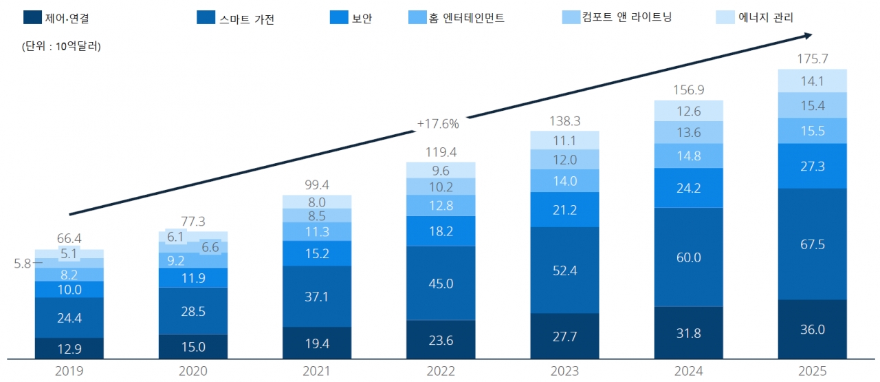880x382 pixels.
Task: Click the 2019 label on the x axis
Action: (x=69, y=372)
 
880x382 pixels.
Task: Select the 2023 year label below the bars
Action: (x=564, y=372)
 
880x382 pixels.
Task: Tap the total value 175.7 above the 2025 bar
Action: (x=812, y=59)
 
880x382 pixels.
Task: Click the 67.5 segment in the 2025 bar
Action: (x=812, y=244)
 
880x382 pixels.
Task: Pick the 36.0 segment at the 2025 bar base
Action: (x=812, y=329)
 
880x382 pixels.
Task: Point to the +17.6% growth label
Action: (x=437, y=124)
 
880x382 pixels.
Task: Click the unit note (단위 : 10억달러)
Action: (x=56, y=47)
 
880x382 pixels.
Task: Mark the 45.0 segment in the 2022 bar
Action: (x=441, y=283)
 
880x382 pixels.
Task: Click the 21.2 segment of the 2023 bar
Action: (x=564, y=209)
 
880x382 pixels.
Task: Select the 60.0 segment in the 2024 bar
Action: (x=688, y=257)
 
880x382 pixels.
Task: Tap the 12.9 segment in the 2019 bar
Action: (x=69, y=348)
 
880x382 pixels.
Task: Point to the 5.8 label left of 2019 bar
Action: (x=24, y=263)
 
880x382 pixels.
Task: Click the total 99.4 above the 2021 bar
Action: (x=317, y=184)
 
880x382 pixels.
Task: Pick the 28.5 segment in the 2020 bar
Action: (x=193, y=310)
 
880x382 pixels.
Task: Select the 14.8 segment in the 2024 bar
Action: (x=688, y=156)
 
